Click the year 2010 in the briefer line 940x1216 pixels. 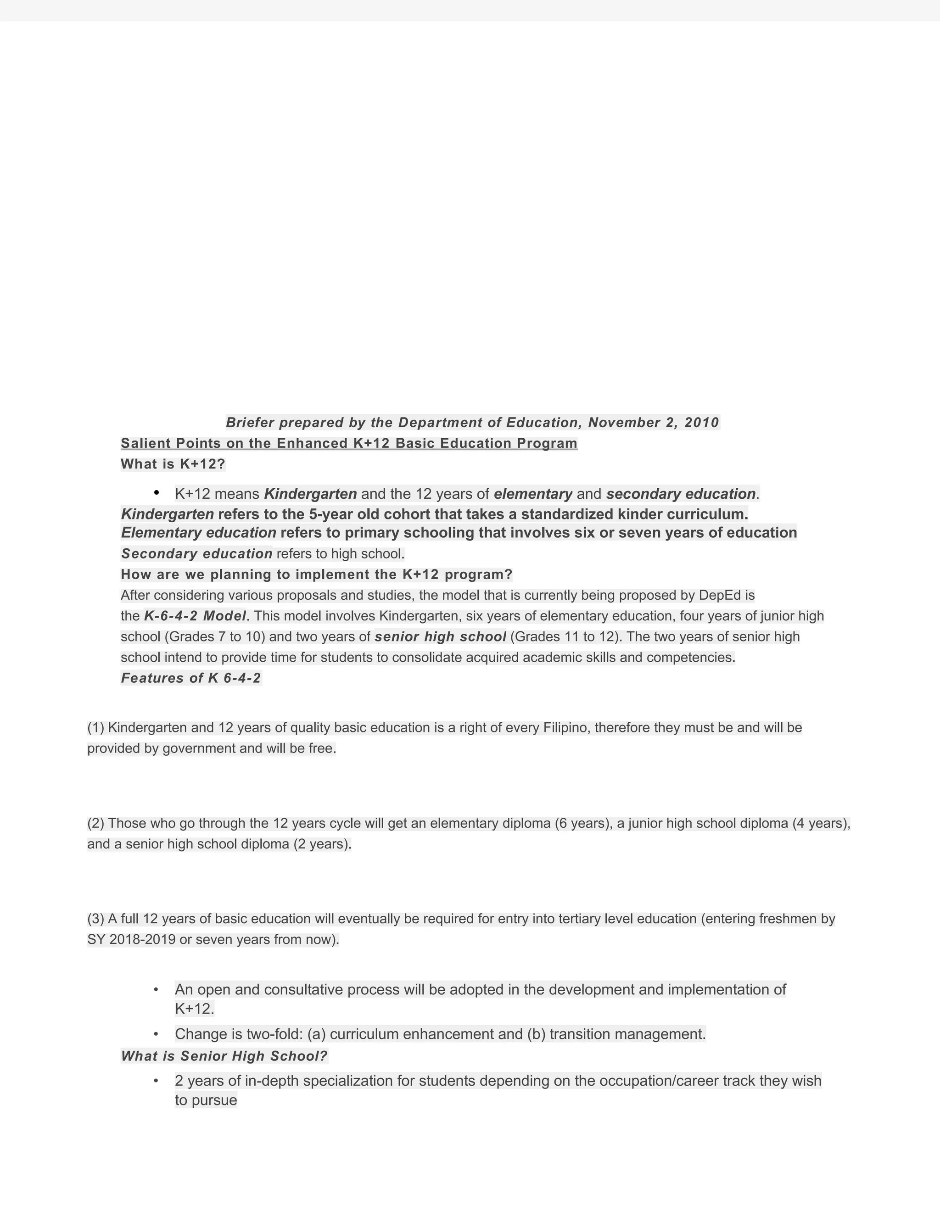coord(702,423)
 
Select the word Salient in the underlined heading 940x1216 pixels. coord(144,443)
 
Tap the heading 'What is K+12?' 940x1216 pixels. coord(173,464)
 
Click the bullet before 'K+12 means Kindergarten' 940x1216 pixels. coord(157,493)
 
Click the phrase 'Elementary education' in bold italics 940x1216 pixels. coord(199,533)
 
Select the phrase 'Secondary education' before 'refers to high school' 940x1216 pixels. coord(196,554)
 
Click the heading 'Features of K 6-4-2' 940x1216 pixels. coord(190,678)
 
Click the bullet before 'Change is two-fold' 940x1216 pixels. coord(157,1034)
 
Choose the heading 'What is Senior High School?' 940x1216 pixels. coord(224,1056)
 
